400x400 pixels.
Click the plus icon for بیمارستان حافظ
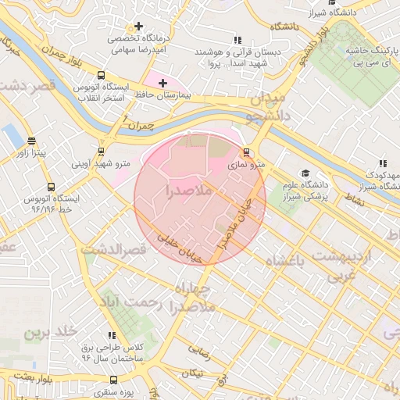pos(162,83)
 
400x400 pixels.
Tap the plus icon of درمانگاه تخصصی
pos(139,27)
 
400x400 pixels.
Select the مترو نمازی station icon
pos(247,152)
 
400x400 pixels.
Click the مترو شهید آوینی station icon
pos(101,152)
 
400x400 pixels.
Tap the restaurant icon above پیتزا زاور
pos(31,141)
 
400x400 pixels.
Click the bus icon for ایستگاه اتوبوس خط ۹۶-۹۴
pos(51,187)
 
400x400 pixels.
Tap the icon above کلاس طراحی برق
pos(112,335)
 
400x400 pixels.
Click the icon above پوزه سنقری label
pos(113,380)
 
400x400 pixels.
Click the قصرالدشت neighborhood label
pos(114,250)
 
